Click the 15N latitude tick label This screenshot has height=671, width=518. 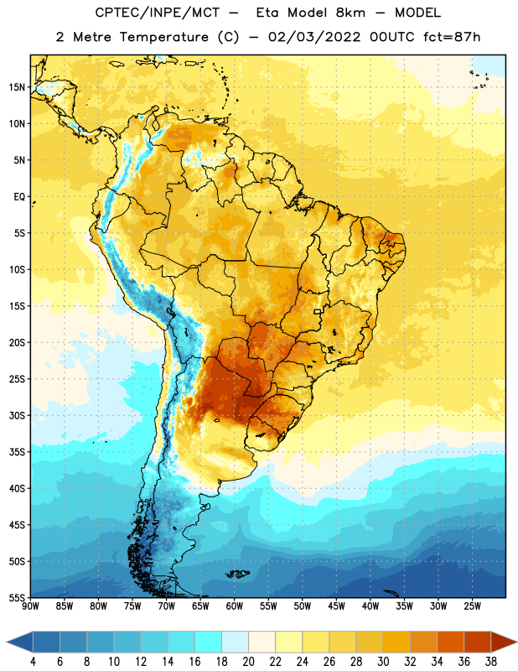coord(17,87)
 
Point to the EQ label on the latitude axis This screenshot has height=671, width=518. coord(19,197)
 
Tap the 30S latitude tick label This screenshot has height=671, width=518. coord(17,415)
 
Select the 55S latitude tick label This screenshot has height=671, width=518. coord(17,597)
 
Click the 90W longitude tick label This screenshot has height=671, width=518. coord(30,606)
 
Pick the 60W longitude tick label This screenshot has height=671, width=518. coord(235,606)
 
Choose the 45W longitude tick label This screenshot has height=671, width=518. coord(336,606)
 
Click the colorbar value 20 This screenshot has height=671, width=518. coord(248,662)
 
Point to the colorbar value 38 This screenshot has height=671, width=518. coord(490,662)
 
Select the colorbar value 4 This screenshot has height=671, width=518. coord(33,662)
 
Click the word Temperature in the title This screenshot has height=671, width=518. coord(164,37)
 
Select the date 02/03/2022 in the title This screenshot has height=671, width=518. coord(314,37)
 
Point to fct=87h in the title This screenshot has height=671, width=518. coord(452,37)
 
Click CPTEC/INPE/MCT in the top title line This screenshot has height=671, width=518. coord(157,13)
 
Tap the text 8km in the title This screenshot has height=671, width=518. coord(350,13)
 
